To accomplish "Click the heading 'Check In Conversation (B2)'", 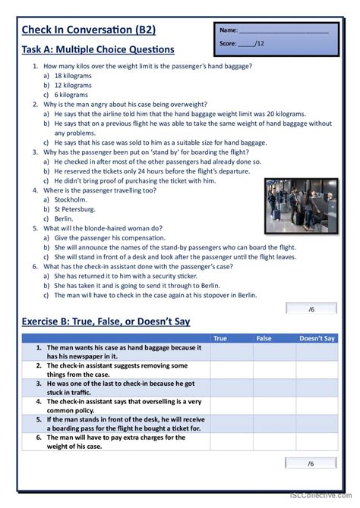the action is [x=89, y=30].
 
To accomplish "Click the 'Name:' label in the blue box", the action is [x=229, y=30].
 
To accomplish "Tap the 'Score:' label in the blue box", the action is [x=228, y=44].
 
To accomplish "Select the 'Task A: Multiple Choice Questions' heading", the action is [x=98, y=50].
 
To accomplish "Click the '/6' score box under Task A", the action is [x=311, y=308].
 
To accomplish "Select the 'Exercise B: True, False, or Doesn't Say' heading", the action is [x=106, y=321].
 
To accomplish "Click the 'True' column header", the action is [x=220, y=338].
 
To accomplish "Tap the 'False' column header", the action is [x=264, y=338].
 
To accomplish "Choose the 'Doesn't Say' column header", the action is [x=317, y=338].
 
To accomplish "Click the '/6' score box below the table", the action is [x=311, y=464].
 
